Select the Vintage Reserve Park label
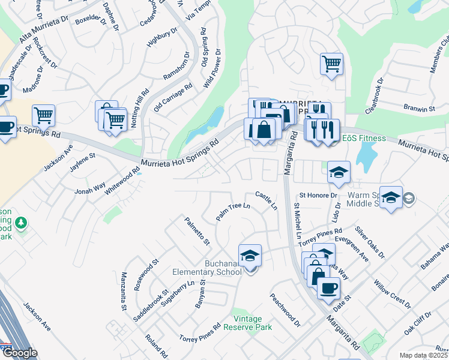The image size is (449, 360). [248, 323]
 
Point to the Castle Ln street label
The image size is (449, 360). [267, 200]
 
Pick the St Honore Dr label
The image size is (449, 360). [318, 196]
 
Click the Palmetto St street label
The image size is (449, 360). [197, 232]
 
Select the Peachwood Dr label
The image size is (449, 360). [285, 310]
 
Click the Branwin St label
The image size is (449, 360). [419, 109]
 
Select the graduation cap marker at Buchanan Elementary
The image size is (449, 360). [250, 255]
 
